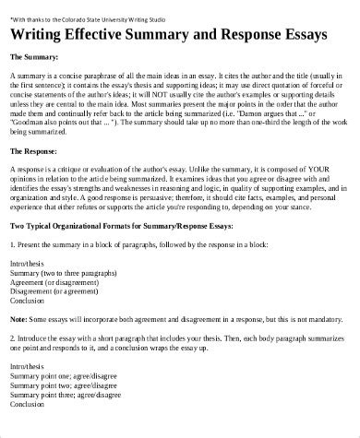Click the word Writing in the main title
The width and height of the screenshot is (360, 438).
point(42,35)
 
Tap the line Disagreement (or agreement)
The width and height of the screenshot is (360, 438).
point(53,293)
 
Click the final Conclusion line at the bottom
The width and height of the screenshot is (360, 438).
point(28,406)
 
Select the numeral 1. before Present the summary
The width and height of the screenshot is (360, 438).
point(12,244)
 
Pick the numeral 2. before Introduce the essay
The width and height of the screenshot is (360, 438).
point(12,338)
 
